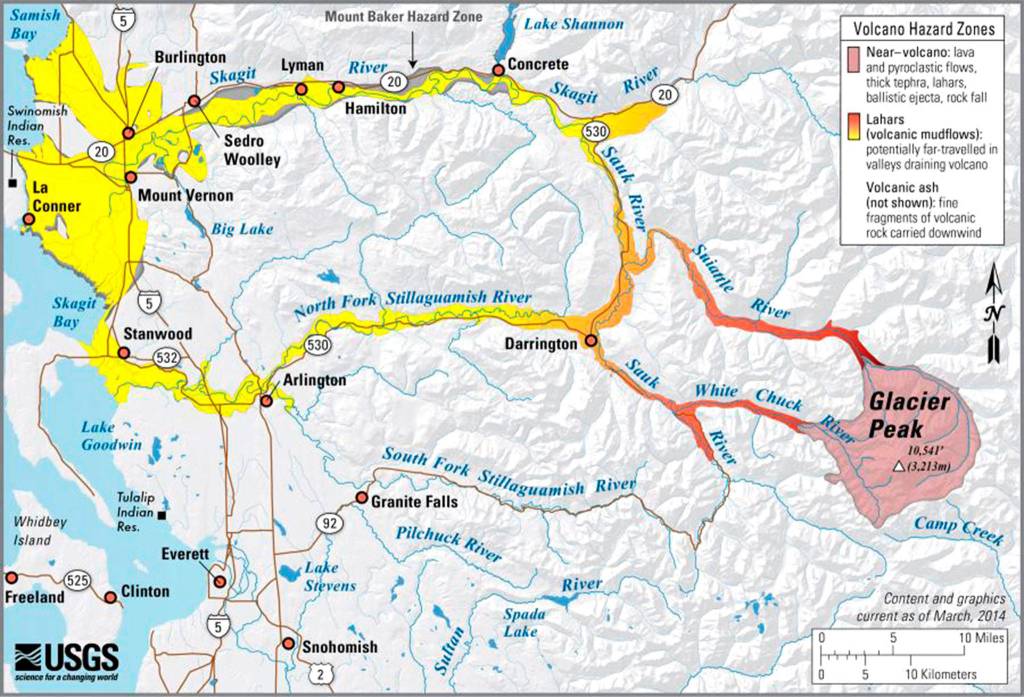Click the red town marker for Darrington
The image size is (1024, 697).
point(591,341)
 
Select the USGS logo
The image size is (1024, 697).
point(66,659)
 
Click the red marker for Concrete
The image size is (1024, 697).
point(497,70)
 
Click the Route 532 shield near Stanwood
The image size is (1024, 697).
point(167,356)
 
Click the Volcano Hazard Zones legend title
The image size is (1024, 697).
point(920,27)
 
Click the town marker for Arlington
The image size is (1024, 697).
point(266,400)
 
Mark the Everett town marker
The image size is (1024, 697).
point(219,580)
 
